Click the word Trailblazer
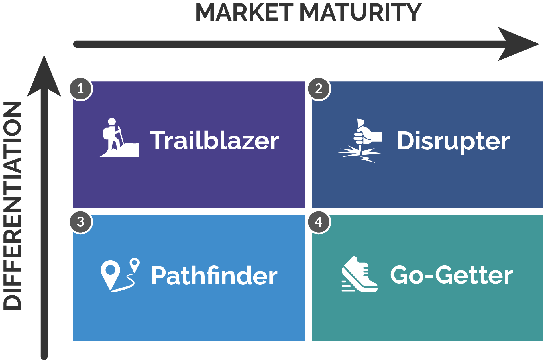pos(214,140)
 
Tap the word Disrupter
pos(453,141)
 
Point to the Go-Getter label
pos(451,275)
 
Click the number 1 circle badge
pos(81,89)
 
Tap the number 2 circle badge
pos(319,89)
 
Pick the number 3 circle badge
pos(81,222)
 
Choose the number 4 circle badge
pos(319,222)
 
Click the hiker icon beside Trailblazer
pos(119,138)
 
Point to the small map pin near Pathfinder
pos(134,265)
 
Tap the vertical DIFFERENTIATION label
pos(12,206)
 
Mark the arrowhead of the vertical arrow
pos(44,76)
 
